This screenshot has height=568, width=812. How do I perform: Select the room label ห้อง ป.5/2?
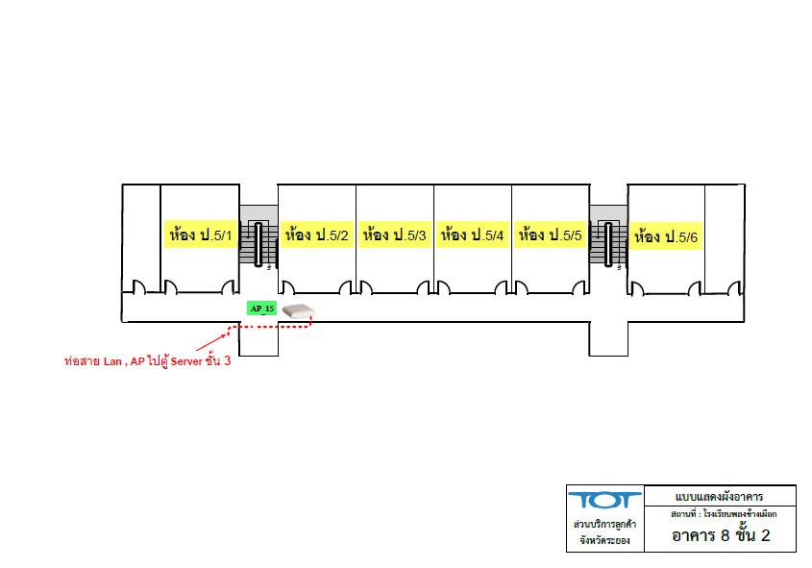(316, 235)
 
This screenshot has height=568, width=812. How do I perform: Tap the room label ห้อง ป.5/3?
(395, 235)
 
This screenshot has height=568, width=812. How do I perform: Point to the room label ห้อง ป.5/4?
(472, 235)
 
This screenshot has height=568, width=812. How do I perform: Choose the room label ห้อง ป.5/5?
(551, 235)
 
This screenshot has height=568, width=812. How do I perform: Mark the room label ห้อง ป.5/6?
(666, 236)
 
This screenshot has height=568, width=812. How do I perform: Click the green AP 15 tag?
(261, 309)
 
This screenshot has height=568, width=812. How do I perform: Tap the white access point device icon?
(298, 311)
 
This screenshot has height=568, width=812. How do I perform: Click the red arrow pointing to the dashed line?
(212, 342)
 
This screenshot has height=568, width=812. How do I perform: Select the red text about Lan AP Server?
(148, 361)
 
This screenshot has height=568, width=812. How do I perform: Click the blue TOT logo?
(604, 501)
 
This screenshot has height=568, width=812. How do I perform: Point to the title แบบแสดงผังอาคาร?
(720, 497)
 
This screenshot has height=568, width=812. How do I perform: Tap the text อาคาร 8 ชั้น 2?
(721, 535)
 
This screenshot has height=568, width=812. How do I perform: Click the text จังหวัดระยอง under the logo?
(604, 540)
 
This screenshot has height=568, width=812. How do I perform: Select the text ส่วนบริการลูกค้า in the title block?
(604, 524)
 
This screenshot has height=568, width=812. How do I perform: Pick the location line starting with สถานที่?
(724, 514)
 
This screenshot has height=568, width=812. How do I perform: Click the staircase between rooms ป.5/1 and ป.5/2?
(258, 243)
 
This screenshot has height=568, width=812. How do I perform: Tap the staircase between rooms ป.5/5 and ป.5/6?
(608, 243)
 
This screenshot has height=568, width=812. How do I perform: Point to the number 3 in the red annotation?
(227, 360)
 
